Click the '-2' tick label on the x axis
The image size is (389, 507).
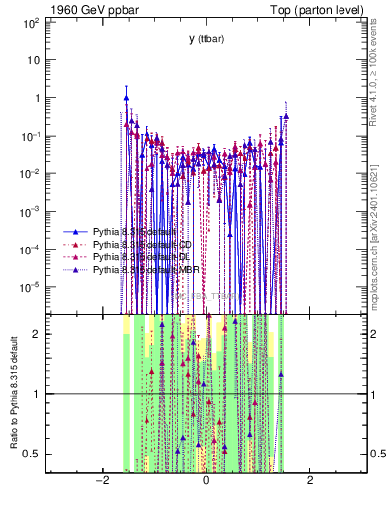(101, 481)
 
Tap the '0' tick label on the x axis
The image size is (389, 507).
(205, 481)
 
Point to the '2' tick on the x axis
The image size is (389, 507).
(310, 481)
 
